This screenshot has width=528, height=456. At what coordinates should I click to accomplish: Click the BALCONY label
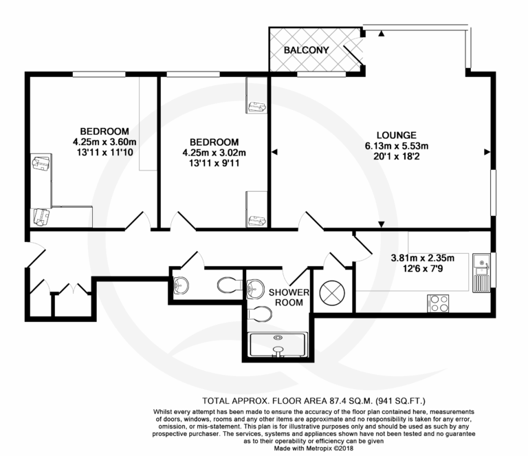[306, 50]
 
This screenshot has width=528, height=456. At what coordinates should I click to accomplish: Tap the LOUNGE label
[396, 135]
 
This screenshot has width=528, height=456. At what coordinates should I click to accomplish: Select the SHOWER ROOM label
[289, 297]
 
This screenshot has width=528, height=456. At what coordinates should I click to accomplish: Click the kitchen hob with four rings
[438, 303]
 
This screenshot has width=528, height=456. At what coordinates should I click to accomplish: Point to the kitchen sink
[481, 273]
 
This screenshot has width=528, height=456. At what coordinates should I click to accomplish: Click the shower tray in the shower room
[278, 345]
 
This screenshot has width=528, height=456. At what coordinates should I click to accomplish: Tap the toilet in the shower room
[260, 314]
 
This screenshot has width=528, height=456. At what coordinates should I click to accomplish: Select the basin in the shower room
[256, 289]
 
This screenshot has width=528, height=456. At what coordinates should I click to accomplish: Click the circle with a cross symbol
[332, 293]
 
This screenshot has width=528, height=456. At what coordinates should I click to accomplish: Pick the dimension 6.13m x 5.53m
[397, 146]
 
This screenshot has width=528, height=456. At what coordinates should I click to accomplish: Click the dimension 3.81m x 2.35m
[423, 259]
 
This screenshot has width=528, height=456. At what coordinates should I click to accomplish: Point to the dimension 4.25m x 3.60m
[104, 142]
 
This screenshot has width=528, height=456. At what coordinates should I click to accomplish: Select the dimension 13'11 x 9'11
[214, 163]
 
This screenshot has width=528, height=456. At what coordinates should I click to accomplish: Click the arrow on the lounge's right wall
[487, 152]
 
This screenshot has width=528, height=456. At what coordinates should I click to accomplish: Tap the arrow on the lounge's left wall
[274, 152]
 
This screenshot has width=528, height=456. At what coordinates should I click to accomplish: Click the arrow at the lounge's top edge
[381, 33]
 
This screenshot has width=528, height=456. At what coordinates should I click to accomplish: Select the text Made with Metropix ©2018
[313, 448]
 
